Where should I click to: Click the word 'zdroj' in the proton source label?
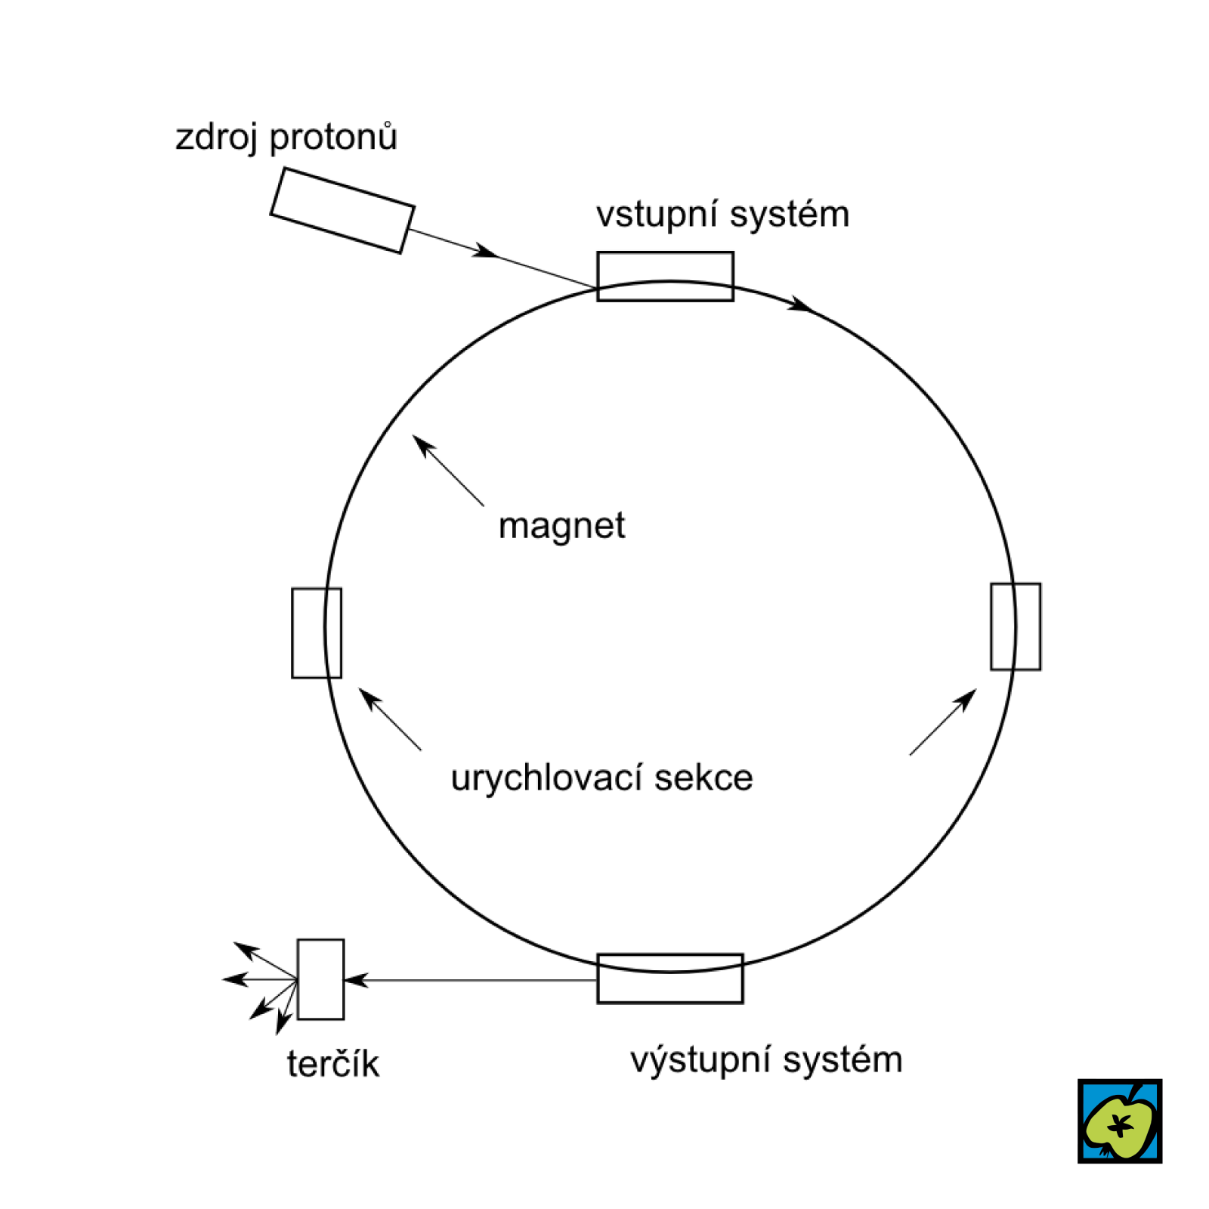tap(216, 138)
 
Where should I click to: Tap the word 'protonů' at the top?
tap(333, 138)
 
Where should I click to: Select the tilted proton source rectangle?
tap(342, 210)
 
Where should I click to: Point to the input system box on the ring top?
tap(665, 276)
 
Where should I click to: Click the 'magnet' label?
tap(561, 526)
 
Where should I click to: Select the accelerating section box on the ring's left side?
tap(317, 632)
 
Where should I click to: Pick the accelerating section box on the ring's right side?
tap(1016, 626)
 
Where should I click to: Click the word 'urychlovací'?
tap(546, 778)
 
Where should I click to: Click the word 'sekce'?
tap(703, 778)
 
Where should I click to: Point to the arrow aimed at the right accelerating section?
tap(943, 722)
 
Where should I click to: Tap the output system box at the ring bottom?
tap(670, 979)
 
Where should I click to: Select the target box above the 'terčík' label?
tap(320, 979)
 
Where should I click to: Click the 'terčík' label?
tap(333, 1064)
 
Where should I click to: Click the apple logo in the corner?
tap(1120, 1121)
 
